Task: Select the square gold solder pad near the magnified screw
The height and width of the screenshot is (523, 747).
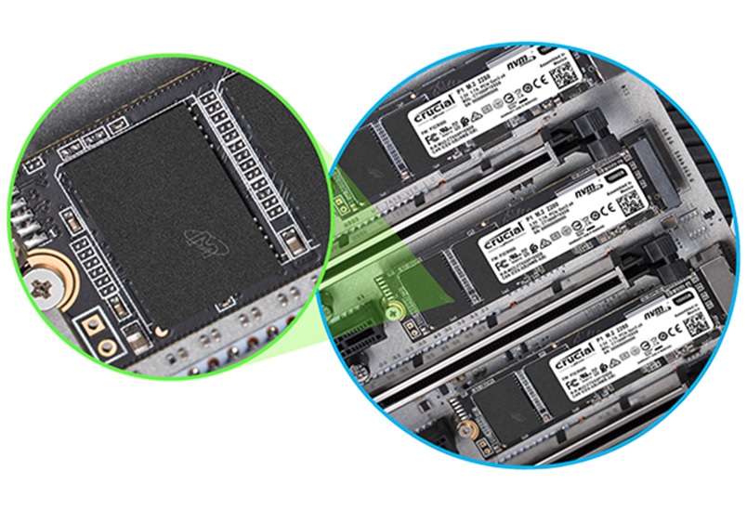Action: click(91, 324)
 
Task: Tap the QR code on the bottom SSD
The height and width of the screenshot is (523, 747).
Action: click(692, 324)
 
